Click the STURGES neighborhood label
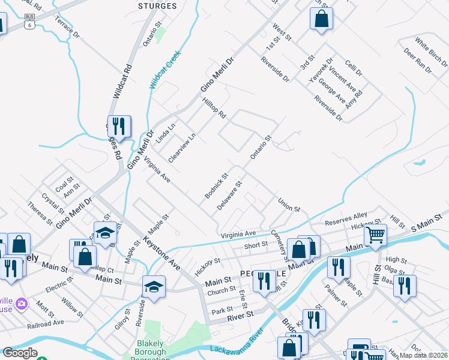pyautogui.click(x=157, y=6)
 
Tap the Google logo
pyautogui.click(x=20, y=353)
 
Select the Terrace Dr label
pyautogui.click(x=67, y=27)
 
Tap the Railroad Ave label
pyautogui.click(x=46, y=322)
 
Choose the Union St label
pyautogui.click(x=289, y=204)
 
